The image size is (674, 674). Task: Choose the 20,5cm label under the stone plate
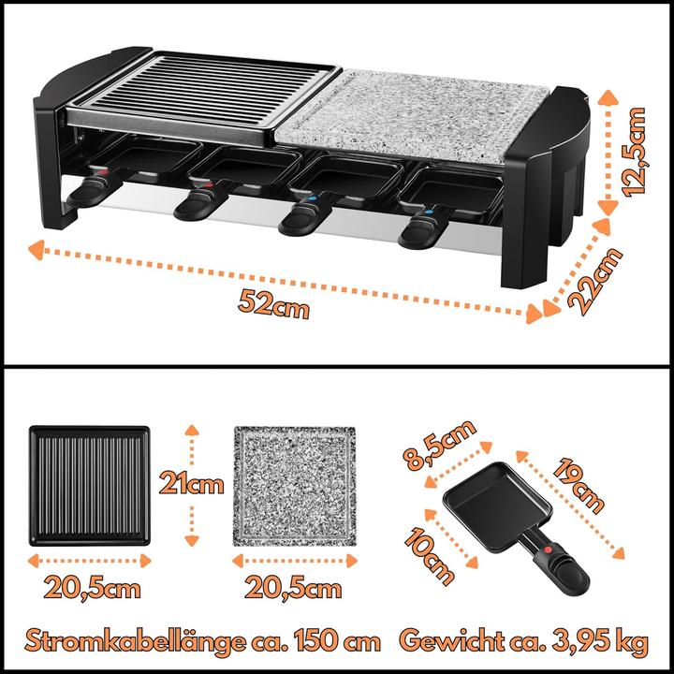tap(293, 589)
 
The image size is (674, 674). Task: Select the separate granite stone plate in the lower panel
tap(294, 485)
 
